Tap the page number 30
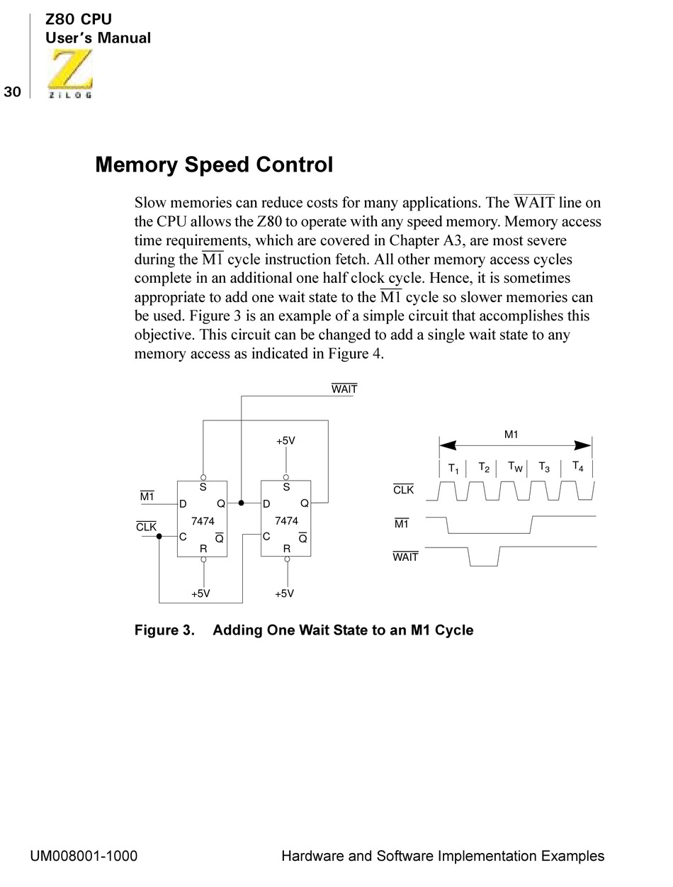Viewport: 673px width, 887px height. click(x=12, y=91)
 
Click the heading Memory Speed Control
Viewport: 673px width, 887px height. click(x=214, y=165)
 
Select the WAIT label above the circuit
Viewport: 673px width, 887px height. click(x=344, y=389)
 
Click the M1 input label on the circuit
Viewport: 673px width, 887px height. click(x=147, y=496)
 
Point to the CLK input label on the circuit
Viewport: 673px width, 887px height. click(x=146, y=527)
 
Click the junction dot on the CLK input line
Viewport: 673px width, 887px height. click(x=159, y=536)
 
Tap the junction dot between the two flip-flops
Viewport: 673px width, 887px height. click(x=241, y=503)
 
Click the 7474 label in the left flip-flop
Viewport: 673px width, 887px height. click(x=203, y=521)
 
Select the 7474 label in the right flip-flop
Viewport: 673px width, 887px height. click(x=286, y=521)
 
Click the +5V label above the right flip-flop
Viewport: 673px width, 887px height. click(x=285, y=441)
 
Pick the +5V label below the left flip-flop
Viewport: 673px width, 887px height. click(x=200, y=593)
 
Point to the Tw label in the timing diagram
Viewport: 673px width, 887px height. click(x=515, y=467)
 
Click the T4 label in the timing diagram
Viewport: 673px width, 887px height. click(x=578, y=467)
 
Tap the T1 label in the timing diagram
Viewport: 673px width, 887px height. click(x=453, y=469)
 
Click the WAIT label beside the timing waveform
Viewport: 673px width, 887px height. click(x=405, y=557)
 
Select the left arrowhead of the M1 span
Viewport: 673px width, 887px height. click(x=447, y=445)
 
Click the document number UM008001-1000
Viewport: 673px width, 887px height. click(x=84, y=856)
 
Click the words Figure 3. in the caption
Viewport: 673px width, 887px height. click(x=164, y=630)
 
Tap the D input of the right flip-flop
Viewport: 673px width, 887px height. click(x=266, y=504)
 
